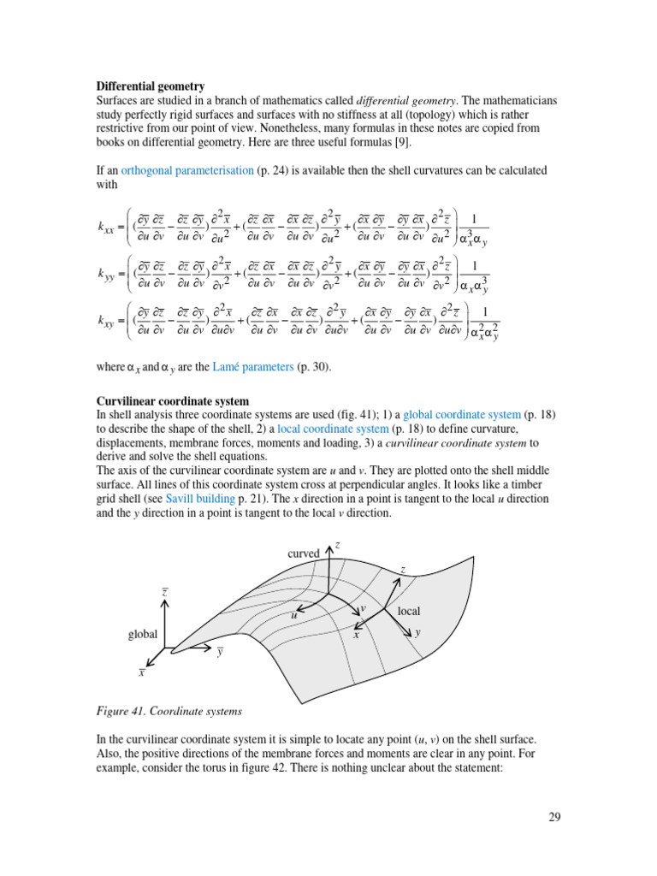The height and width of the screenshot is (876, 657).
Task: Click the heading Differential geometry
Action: (150, 86)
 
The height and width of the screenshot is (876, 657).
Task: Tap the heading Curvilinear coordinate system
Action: (173, 400)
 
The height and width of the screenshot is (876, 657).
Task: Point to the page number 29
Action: (554, 817)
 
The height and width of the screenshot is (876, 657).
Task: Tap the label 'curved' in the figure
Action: (304, 553)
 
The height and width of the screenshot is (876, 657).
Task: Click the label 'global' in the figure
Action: (143, 634)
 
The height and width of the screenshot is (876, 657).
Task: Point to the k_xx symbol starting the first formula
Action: (106, 227)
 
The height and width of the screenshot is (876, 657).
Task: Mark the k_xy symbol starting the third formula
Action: (106, 322)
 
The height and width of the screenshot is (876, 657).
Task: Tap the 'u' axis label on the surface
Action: (293, 615)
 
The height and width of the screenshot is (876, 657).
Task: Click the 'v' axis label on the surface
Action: (363, 608)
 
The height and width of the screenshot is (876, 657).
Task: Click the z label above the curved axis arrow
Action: (337, 544)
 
